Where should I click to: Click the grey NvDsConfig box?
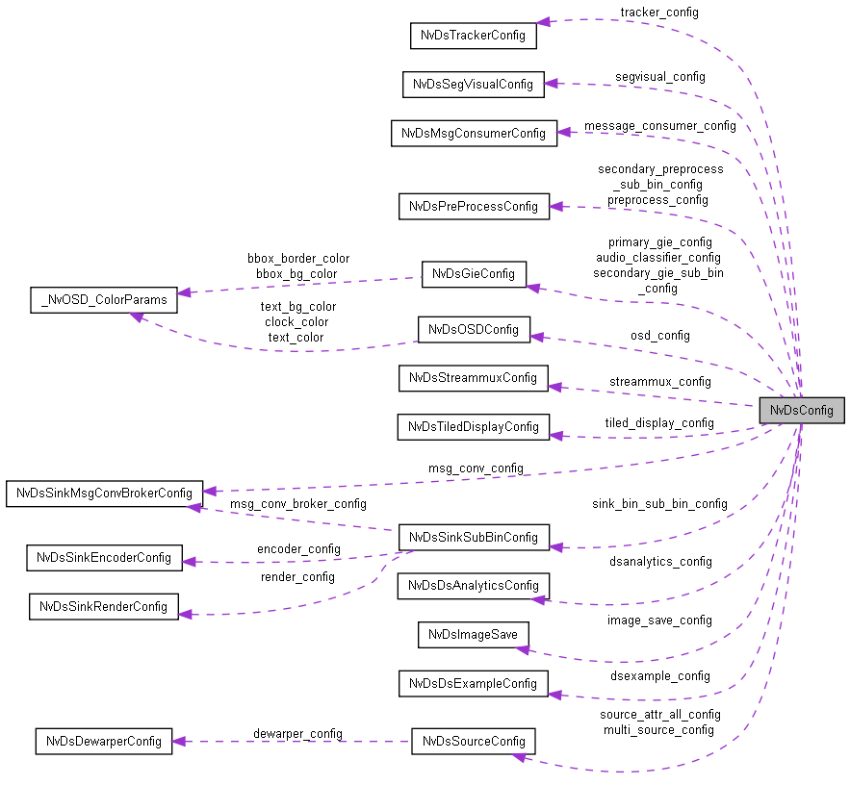[x=801, y=410]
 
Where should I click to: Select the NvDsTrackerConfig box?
[x=473, y=36]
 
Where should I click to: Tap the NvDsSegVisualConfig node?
[x=473, y=84]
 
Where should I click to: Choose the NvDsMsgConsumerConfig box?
[x=474, y=133]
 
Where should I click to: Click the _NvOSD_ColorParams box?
[x=104, y=299]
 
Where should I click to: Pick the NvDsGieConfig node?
[x=474, y=273]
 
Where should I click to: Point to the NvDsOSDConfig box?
[x=474, y=330]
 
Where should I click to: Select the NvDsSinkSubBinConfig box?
[x=474, y=537]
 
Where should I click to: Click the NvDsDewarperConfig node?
[x=104, y=741]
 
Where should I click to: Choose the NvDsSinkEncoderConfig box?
[x=104, y=557]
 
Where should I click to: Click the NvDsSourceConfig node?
[x=474, y=741]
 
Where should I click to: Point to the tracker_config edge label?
[x=659, y=13]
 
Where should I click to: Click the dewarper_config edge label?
[x=297, y=733]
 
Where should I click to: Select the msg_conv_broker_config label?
[x=297, y=503]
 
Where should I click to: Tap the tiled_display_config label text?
[x=659, y=422]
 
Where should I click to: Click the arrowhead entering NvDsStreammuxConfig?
[x=556, y=387]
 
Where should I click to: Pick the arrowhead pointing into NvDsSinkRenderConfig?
[x=186, y=614]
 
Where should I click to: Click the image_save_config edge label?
[x=659, y=620]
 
